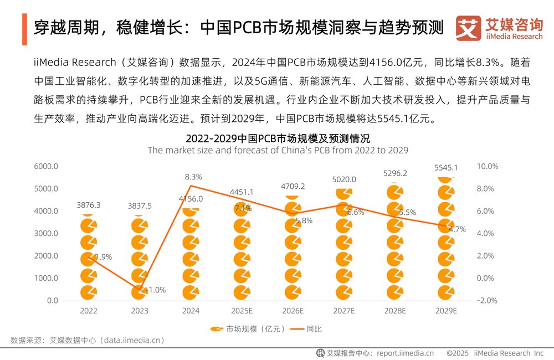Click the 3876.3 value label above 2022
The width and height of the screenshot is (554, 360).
pyautogui.click(x=89, y=205)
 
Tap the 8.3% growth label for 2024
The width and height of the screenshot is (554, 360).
pyautogui.click(x=193, y=177)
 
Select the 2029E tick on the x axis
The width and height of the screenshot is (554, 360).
pyautogui.click(x=447, y=311)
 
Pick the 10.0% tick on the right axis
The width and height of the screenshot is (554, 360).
pyautogui.click(x=488, y=166)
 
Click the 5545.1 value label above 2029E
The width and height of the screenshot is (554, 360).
pyautogui.click(x=447, y=167)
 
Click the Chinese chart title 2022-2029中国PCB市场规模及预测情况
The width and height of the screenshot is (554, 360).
pyautogui.click(x=277, y=138)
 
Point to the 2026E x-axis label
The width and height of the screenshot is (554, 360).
pyautogui.click(x=293, y=311)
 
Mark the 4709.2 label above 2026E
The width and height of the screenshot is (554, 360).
pyautogui.click(x=293, y=187)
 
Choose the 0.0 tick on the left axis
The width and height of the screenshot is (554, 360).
pyautogui.click(x=53, y=301)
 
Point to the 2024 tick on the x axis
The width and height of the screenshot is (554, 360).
pyautogui.click(x=191, y=311)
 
